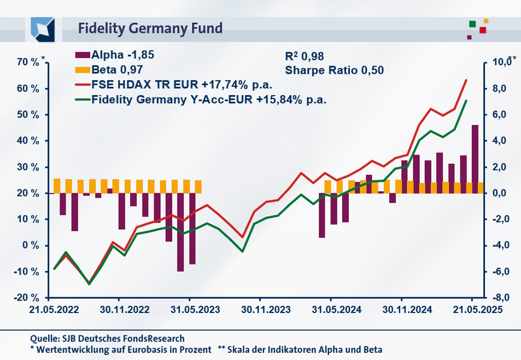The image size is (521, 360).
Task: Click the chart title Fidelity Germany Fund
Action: click(x=150, y=28)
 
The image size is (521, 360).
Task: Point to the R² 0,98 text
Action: click(x=308, y=56)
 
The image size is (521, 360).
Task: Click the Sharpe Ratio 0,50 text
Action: click(x=334, y=70)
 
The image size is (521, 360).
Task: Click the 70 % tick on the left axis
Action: click(x=27, y=62)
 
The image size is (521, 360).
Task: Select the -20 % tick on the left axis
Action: click(x=26, y=298)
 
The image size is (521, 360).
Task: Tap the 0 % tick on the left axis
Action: click(x=31, y=245)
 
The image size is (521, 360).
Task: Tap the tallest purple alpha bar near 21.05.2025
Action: click(x=475, y=158)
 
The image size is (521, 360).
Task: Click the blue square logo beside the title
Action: click(x=43, y=28)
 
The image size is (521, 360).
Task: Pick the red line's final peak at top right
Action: click(x=466, y=80)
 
